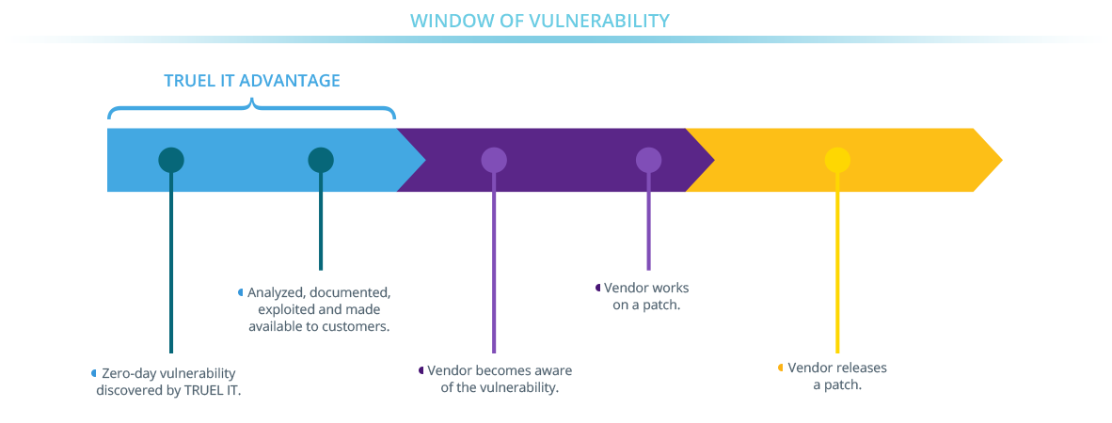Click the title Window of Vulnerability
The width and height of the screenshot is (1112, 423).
(x=539, y=21)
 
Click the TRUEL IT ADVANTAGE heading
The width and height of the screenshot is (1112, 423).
(x=252, y=81)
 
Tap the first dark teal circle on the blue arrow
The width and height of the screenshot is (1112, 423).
(x=171, y=160)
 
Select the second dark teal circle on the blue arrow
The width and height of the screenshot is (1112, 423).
(x=321, y=160)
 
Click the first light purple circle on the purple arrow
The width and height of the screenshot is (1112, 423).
(x=494, y=160)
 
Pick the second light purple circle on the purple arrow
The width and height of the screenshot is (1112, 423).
(x=648, y=160)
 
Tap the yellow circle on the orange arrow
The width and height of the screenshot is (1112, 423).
(x=836, y=160)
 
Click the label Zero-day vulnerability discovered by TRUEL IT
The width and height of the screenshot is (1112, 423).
(x=168, y=381)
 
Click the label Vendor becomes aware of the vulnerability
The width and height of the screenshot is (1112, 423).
(x=499, y=378)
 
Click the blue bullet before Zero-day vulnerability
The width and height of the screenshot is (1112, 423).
(x=93, y=373)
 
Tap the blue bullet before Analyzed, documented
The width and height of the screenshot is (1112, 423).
(x=241, y=292)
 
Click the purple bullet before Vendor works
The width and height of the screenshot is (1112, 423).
(x=597, y=288)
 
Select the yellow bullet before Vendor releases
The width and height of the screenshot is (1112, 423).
(x=780, y=368)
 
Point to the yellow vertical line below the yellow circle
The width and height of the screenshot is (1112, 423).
(x=836, y=273)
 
